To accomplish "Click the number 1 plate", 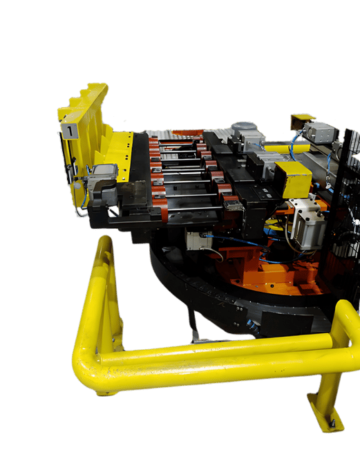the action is [70, 131].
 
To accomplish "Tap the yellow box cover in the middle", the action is [293, 178].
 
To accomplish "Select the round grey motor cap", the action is [243, 128].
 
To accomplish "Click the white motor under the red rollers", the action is [199, 241].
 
